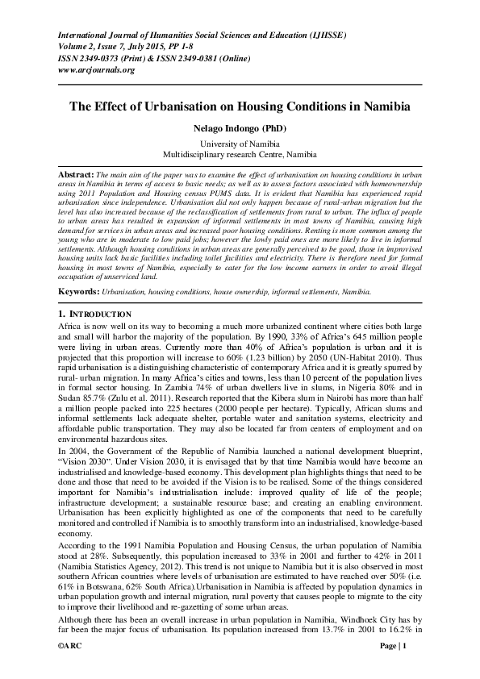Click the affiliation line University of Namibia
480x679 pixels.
[x=240, y=143]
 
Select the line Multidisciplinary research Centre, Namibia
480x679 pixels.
[x=240, y=153]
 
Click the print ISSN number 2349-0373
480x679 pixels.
[x=100, y=59]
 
